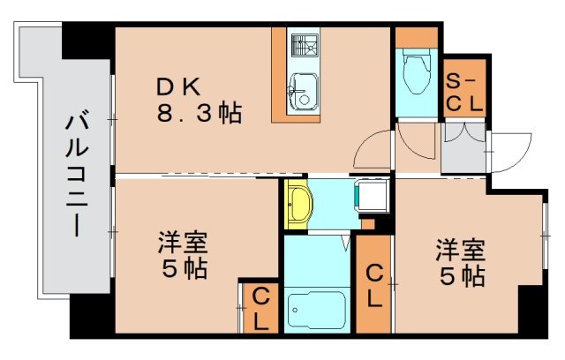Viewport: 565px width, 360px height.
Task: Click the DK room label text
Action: (x=180, y=86)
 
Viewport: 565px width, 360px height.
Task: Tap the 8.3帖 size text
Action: (x=200, y=116)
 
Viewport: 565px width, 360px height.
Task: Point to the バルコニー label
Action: (x=75, y=171)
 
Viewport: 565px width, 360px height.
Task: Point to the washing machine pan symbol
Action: (x=373, y=195)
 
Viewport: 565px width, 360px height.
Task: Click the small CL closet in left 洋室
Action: (x=260, y=310)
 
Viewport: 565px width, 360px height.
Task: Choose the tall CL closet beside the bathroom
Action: (x=373, y=284)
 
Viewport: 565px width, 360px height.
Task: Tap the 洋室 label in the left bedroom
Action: (x=183, y=242)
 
